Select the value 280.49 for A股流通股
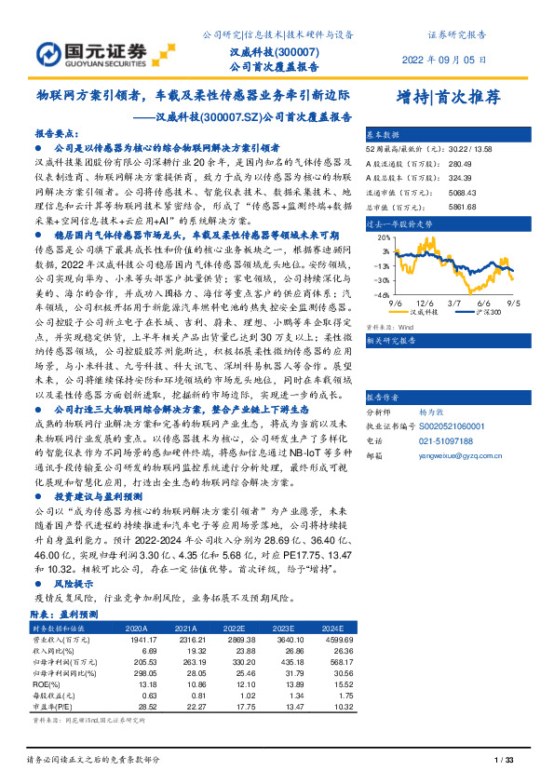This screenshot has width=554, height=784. pos(461,162)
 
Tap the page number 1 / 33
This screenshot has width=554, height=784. pos(504,762)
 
